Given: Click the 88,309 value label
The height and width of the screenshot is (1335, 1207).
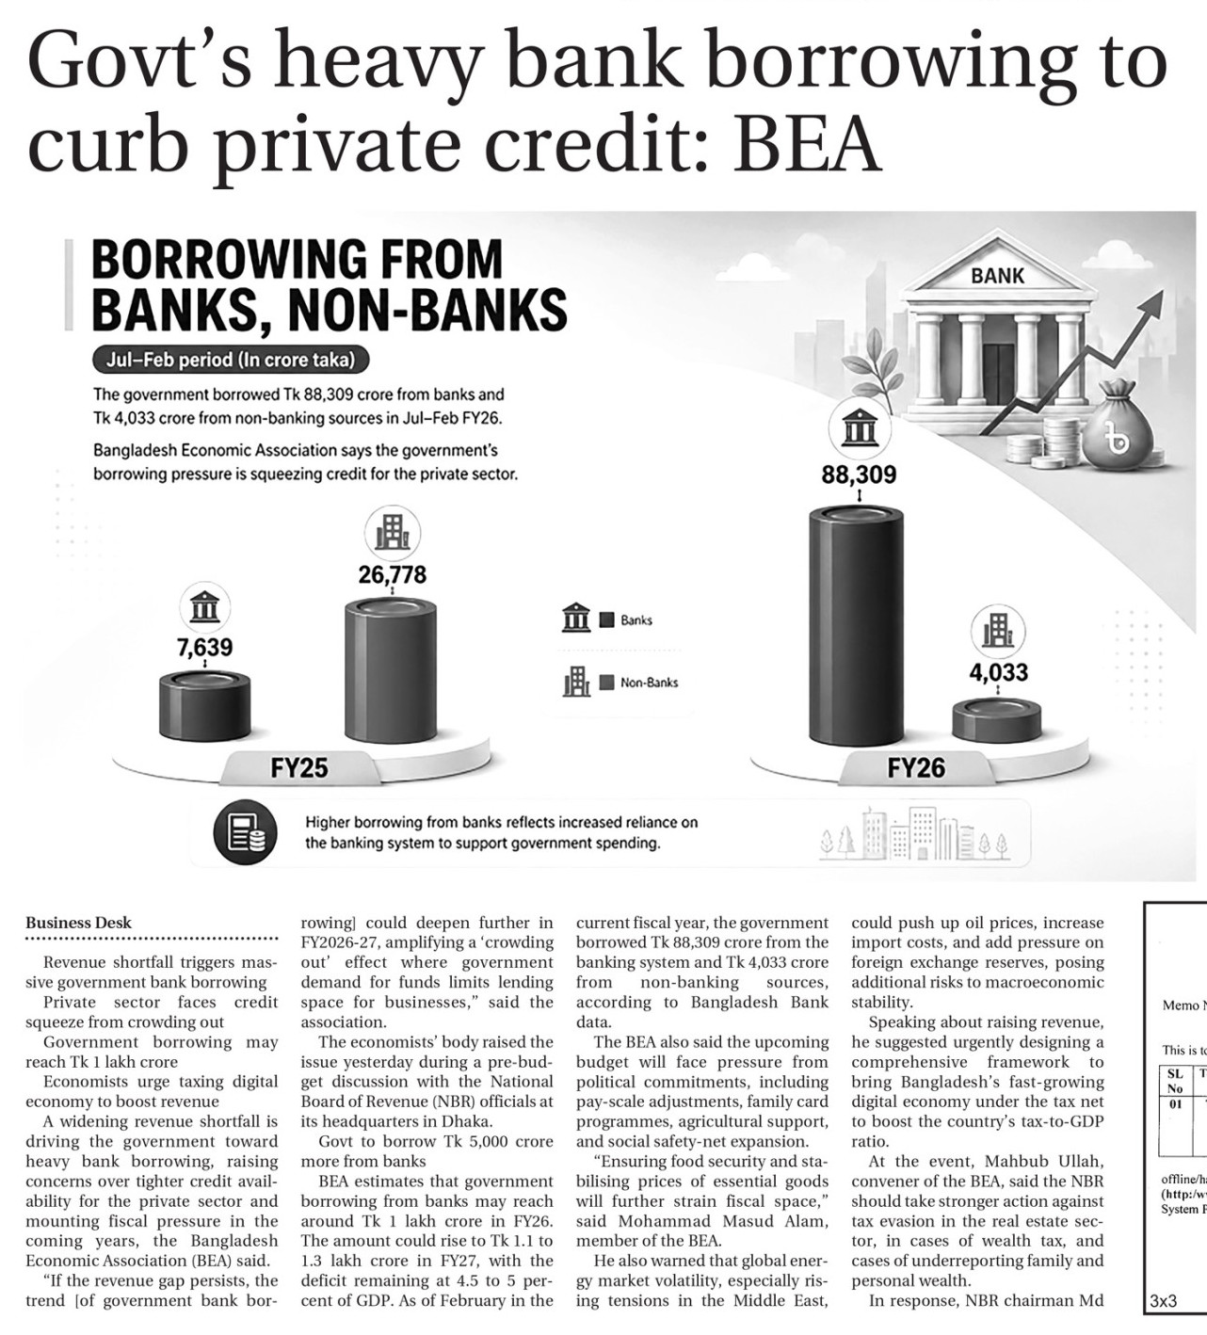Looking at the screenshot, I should click(x=859, y=474).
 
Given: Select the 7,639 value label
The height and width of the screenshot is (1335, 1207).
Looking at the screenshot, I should click(x=204, y=648).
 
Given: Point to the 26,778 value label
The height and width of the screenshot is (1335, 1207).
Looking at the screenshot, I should click(x=392, y=574).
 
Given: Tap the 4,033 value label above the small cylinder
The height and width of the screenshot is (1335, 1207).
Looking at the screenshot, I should click(x=998, y=672).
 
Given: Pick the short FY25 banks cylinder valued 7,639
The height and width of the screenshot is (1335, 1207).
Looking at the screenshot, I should click(x=204, y=706).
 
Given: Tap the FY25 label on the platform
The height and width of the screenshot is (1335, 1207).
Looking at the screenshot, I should click(x=299, y=768).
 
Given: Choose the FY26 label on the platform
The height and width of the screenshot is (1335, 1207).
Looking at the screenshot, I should click(x=915, y=768).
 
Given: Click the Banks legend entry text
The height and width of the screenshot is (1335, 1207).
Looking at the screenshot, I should click(x=636, y=620).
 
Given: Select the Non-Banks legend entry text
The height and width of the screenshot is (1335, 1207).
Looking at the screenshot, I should click(x=649, y=683).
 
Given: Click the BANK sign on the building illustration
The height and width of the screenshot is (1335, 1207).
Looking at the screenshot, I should click(x=997, y=276).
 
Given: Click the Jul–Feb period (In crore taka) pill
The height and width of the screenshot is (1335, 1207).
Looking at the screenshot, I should click(x=231, y=360).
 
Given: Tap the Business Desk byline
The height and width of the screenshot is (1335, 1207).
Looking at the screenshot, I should click(x=79, y=923).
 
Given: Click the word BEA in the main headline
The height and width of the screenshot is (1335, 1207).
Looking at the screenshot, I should click(x=808, y=143).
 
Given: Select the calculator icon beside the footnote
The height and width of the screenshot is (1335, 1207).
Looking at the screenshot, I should click(x=245, y=831).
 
